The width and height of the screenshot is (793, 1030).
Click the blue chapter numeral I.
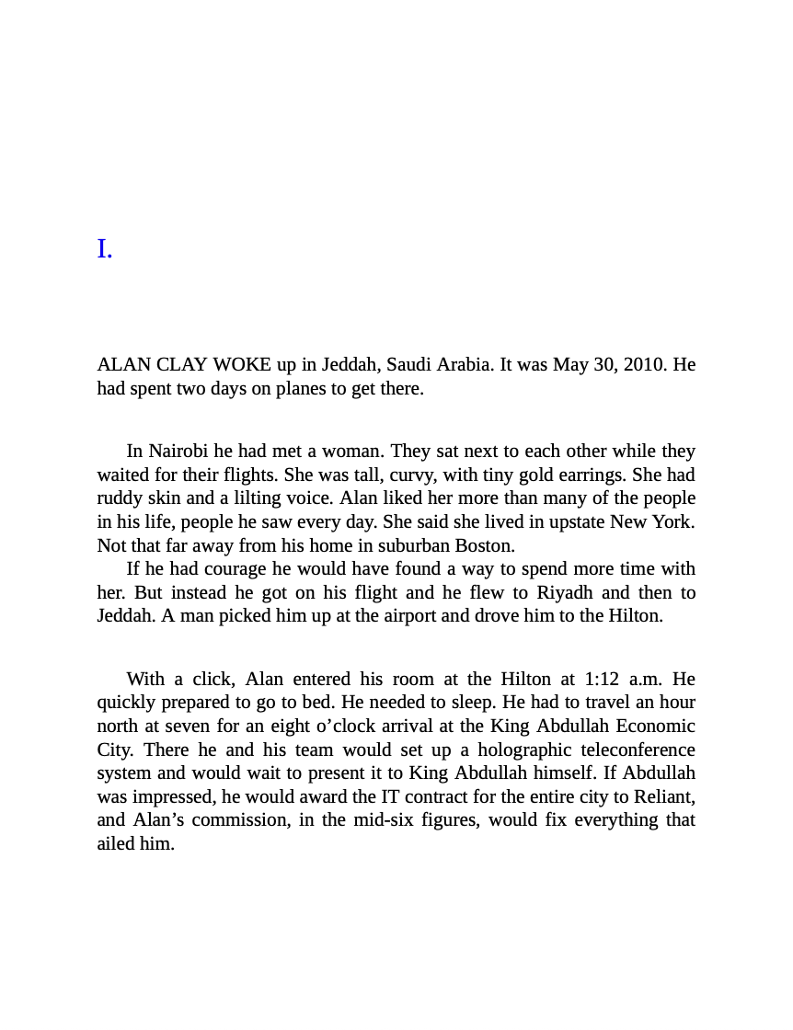105,249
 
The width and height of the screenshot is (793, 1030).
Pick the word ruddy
121,498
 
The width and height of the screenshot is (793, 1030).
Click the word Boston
484,545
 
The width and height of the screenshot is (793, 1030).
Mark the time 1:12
603,679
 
